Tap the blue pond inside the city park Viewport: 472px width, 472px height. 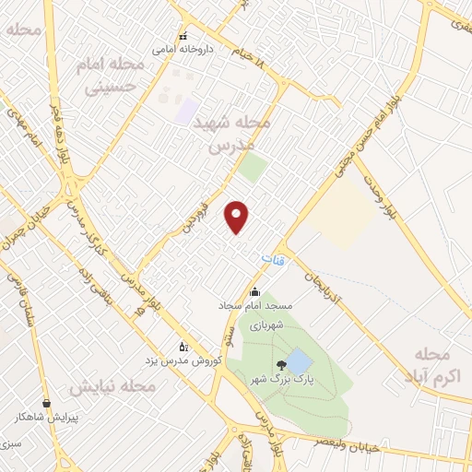coord(299,360)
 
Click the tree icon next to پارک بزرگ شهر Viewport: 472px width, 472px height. coord(280,365)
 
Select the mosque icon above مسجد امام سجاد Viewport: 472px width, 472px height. coord(254,293)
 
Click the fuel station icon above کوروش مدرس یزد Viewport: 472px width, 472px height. coord(183,347)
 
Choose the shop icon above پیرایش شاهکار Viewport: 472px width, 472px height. coord(46,403)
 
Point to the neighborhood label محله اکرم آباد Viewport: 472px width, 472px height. coord(431,365)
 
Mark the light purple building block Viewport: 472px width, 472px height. coord(187,112)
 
